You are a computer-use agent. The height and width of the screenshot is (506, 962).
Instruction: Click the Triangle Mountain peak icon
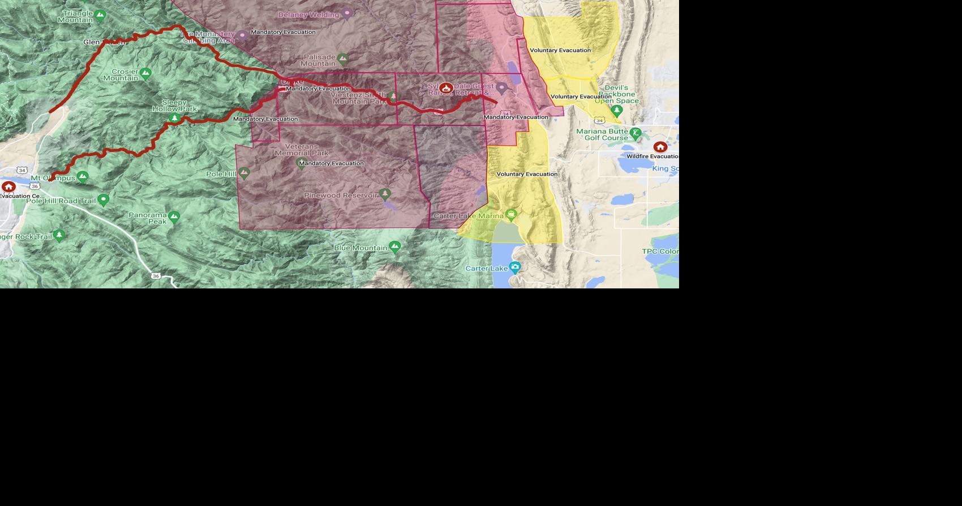pyautogui.click(x=100, y=14)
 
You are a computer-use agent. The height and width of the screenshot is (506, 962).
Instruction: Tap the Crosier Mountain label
pyautogui.click(x=121, y=74)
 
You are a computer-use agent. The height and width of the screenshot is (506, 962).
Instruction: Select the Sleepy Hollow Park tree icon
pyautogui.click(x=175, y=118)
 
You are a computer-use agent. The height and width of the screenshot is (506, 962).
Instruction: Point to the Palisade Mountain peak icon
pyautogui.click(x=342, y=58)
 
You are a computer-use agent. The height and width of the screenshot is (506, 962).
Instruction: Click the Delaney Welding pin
pyautogui.click(x=347, y=13)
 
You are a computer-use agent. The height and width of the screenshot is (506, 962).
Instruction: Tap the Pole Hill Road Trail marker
pyautogui.click(x=103, y=199)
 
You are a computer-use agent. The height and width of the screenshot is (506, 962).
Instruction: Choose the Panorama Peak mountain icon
pyautogui.click(x=174, y=216)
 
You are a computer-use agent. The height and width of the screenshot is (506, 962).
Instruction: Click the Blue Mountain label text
pyautogui.click(x=360, y=248)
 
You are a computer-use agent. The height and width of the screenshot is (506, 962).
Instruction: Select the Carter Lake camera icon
pyautogui.click(x=514, y=267)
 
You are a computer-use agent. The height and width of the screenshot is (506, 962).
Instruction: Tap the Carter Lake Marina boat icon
pyautogui.click(x=511, y=214)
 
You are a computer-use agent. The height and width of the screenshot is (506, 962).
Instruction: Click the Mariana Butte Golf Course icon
pyautogui.click(x=635, y=134)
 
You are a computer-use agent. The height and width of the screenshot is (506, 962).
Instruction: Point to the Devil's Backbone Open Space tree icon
pyautogui.click(x=617, y=109)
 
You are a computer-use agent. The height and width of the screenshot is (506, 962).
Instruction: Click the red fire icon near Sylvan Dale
pyautogui.click(x=446, y=88)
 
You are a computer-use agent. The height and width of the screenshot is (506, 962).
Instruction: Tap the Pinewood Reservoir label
pyautogui.click(x=340, y=195)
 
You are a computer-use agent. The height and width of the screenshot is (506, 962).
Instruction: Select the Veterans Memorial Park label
pyautogui.click(x=302, y=150)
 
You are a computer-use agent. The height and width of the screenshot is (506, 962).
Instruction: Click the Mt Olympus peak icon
pyautogui.click(x=83, y=177)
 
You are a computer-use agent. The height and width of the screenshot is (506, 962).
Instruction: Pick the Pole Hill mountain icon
pyautogui.click(x=244, y=172)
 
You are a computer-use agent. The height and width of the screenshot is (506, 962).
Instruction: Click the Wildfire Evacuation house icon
pyautogui.click(x=660, y=147)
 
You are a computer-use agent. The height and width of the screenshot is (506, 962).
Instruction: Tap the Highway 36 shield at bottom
pyautogui.click(x=156, y=276)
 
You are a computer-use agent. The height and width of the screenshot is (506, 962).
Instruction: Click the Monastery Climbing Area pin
pyautogui.click(x=242, y=36)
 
